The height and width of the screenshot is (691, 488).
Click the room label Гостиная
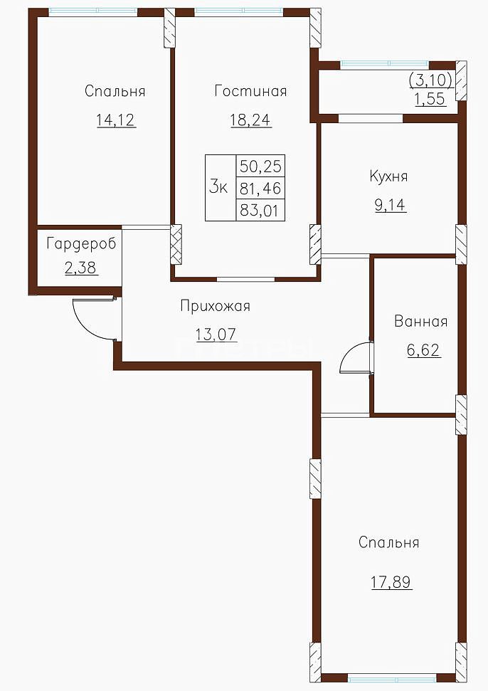250,91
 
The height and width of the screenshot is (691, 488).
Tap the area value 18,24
250,120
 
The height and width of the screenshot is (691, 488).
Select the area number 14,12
116,120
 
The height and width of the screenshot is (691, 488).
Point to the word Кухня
388,176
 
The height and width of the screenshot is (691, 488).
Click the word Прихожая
216,306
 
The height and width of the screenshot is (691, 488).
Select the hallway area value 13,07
216,334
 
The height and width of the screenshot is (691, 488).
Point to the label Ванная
421,321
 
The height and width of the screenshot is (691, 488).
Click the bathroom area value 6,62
424,350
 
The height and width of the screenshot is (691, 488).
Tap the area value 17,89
391,582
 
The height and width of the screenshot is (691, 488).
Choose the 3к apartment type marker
218,188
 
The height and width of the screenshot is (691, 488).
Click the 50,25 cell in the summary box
261,166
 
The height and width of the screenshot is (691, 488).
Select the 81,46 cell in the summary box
261,189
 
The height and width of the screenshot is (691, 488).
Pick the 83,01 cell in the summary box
260,210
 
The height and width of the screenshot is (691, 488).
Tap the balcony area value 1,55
430,99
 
